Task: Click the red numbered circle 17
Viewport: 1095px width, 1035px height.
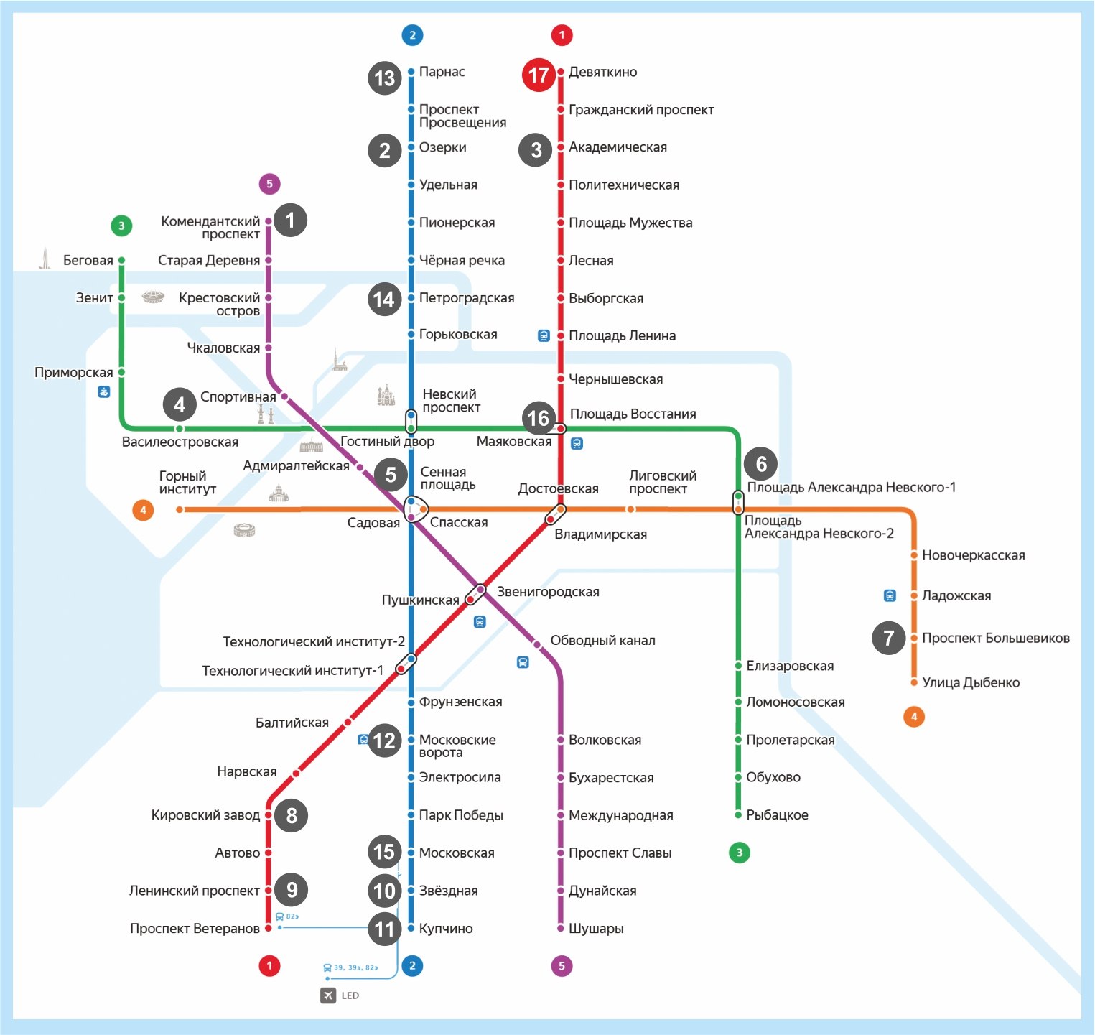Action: [539, 75]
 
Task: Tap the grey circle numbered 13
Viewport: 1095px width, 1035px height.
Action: [385, 78]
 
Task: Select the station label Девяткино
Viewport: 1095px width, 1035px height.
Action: [603, 72]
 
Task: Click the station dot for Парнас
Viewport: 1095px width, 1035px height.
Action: [411, 72]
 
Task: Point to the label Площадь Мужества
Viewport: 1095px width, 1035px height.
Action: [630, 223]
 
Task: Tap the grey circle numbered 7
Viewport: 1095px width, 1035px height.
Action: [889, 638]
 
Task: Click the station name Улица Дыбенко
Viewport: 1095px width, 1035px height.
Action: [971, 682]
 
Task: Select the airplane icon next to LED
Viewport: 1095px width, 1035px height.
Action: [328, 995]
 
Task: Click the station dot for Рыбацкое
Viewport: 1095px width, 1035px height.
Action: [738, 815]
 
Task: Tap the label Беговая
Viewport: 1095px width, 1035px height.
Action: [88, 260]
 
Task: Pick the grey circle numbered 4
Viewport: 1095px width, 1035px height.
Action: [180, 405]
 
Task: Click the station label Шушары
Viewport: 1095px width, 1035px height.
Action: [596, 929]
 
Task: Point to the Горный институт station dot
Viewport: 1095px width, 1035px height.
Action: [180, 509]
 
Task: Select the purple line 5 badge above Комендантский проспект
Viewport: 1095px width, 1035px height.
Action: [269, 184]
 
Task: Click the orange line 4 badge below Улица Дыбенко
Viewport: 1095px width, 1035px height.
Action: [914, 716]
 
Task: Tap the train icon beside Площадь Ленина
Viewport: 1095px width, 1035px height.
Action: [544, 335]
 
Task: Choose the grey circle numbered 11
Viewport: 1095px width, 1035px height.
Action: [385, 929]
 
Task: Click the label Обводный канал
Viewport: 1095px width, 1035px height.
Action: [602, 641]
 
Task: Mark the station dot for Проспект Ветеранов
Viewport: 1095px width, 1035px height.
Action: [269, 928]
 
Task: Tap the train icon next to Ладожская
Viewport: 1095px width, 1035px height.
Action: [890, 595]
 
